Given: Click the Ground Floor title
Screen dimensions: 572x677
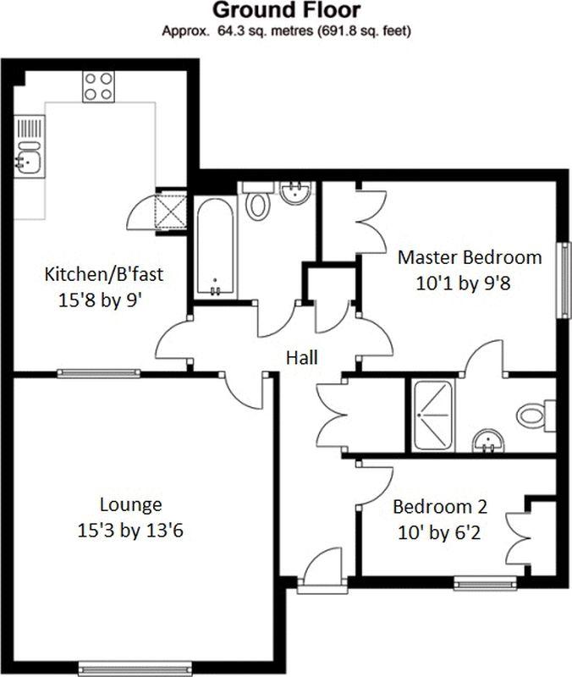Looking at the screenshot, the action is [x=286, y=10].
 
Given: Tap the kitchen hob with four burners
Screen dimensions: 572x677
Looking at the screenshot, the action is [x=99, y=86].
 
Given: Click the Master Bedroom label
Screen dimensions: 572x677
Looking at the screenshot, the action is [x=470, y=258].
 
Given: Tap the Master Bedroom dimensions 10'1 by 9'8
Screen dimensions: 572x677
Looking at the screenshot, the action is [x=463, y=284].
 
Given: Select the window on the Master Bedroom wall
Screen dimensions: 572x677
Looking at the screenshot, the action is [x=564, y=280].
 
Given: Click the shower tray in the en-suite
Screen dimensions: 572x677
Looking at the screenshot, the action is [x=433, y=416].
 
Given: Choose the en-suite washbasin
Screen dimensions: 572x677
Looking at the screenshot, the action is [x=488, y=441].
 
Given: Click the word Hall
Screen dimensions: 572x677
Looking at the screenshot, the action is [x=302, y=358].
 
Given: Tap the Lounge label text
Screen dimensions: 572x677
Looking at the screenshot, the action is [x=131, y=505].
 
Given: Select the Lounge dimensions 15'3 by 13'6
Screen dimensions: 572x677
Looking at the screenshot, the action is [x=130, y=531].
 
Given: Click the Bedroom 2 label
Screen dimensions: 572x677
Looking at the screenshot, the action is [x=440, y=506].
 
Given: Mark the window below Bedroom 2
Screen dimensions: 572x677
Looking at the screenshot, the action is [x=485, y=584].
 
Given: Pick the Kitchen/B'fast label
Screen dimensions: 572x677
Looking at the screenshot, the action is [x=104, y=275].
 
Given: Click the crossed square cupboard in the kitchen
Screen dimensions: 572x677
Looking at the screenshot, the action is [x=171, y=211].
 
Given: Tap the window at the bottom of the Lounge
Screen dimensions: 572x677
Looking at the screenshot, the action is [x=135, y=668].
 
